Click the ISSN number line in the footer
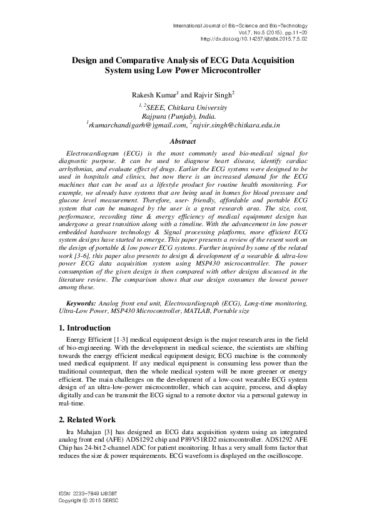[x=88, y=494]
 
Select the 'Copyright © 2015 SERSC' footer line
[x=88, y=501]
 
